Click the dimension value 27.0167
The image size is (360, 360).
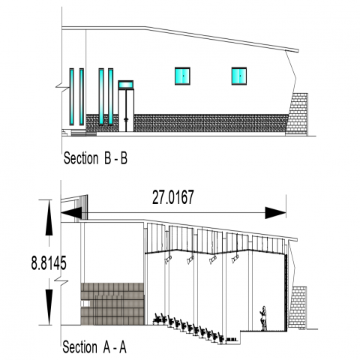point(173,197)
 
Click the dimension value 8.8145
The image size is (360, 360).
point(49,263)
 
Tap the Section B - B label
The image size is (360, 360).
point(95,158)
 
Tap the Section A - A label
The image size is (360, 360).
point(94,347)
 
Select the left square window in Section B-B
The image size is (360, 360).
point(182,76)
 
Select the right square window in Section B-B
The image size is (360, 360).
point(239,76)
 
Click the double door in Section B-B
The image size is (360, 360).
point(126,110)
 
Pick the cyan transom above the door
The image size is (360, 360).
point(126,85)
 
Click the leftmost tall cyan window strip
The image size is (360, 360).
point(72,97)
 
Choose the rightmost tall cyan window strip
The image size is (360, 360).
point(111,97)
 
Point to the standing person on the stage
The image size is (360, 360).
point(264,318)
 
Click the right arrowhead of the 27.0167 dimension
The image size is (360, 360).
point(275,213)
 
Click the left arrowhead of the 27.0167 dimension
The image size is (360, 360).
point(71,213)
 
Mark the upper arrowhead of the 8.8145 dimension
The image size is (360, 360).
point(49,217)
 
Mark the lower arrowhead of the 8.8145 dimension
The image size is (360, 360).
point(49,307)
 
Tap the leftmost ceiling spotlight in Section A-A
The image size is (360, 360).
point(168,259)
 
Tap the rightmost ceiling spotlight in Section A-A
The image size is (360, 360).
point(235,259)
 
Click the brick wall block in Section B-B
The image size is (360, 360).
point(297,114)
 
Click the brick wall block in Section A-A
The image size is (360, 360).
point(298,307)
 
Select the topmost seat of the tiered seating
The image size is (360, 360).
point(157,319)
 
